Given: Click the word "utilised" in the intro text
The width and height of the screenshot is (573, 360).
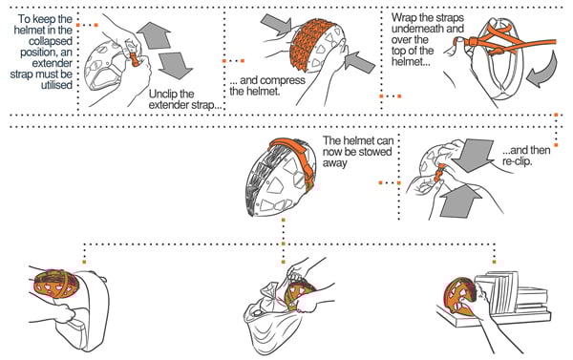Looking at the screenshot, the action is (x=56, y=85).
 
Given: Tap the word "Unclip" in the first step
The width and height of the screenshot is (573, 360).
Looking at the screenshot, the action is (x=162, y=94).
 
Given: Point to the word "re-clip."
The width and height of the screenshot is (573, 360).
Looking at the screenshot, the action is (x=517, y=161).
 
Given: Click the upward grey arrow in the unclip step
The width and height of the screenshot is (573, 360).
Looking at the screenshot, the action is (x=155, y=35).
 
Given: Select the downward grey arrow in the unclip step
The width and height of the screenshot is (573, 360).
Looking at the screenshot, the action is (x=175, y=66).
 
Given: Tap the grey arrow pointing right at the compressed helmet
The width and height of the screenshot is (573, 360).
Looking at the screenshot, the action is (x=276, y=24).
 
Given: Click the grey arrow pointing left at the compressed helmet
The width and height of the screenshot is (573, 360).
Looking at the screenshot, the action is (x=360, y=62).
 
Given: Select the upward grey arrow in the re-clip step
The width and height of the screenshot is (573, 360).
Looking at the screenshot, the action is (x=459, y=201).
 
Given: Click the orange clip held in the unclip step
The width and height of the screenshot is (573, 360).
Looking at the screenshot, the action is (x=135, y=58).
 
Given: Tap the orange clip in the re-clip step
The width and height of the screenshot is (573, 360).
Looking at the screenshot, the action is (x=438, y=173).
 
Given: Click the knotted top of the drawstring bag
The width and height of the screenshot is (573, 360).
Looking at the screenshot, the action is (x=268, y=291).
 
